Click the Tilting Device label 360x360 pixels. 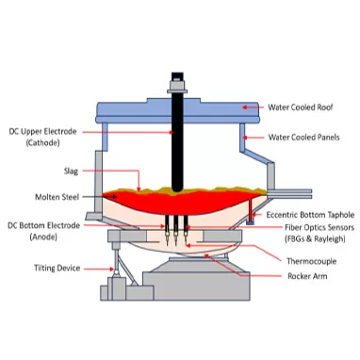[x=56, y=268]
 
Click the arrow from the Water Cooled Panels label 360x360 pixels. [x=254, y=138]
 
